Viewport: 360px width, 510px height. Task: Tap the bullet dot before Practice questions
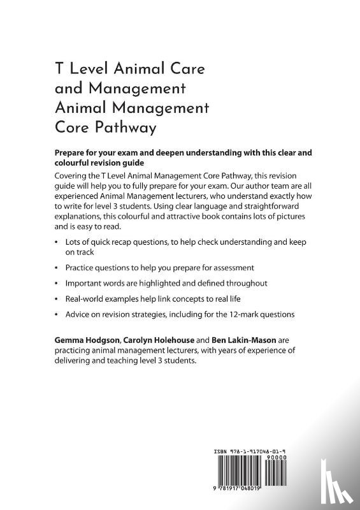click(57, 266)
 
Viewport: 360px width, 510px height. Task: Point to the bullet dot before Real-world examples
click(57, 298)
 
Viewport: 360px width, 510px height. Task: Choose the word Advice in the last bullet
click(78, 314)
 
